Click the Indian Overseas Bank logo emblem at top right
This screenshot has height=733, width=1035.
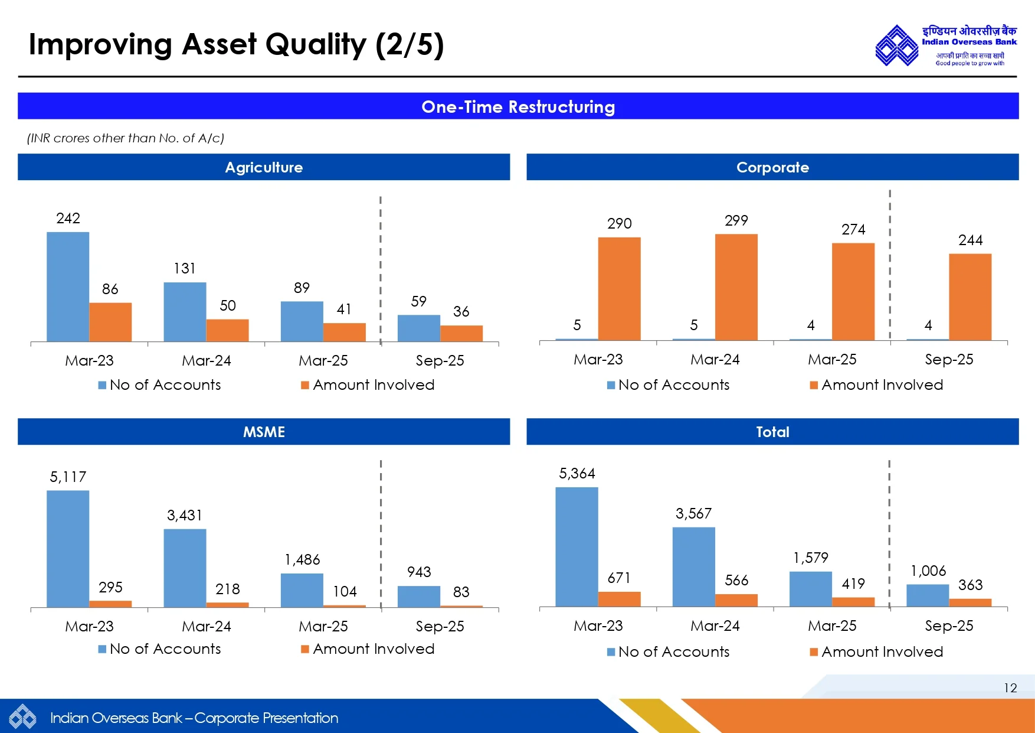pyautogui.click(x=896, y=45)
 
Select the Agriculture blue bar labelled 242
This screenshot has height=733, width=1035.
pyautogui.click(x=68, y=286)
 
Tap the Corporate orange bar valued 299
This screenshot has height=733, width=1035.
pyautogui.click(x=736, y=287)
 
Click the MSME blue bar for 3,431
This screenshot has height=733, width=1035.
pyautogui.click(x=185, y=568)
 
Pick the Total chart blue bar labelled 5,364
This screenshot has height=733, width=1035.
pyautogui.click(x=577, y=546)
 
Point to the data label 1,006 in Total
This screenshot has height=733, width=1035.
pyautogui.click(x=928, y=571)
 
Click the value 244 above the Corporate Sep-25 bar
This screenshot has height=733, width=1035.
pyautogui.click(x=970, y=240)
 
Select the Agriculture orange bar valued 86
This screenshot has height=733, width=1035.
pyautogui.click(x=110, y=322)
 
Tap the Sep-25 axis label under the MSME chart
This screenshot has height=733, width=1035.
pyautogui.click(x=440, y=626)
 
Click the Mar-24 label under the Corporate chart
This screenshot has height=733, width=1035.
pyautogui.click(x=715, y=359)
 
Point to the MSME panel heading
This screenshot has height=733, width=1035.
pyautogui.click(x=264, y=432)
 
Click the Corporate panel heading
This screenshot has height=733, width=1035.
pyautogui.click(x=772, y=167)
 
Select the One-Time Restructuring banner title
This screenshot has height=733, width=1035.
pyautogui.click(x=517, y=107)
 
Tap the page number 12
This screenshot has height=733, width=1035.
pyautogui.click(x=1010, y=688)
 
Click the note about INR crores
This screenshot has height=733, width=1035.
pyautogui.click(x=126, y=138)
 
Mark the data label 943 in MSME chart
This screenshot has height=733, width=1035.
pyautogui.click(x=419, y=572)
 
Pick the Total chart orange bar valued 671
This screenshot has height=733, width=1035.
pyautogui.click(x=619, y=599)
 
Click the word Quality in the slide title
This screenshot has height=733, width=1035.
pyautogui.click(x=316, y=45)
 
